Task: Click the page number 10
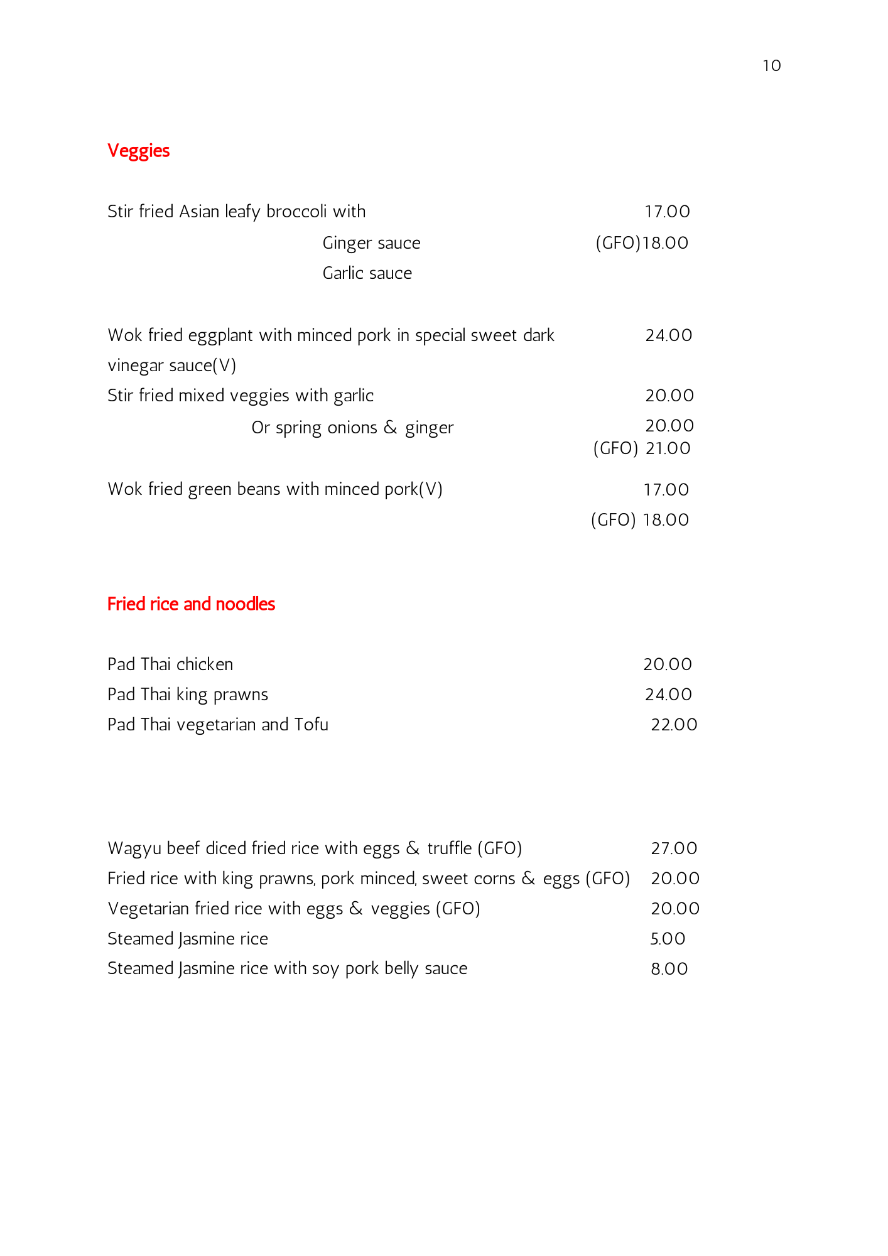771,66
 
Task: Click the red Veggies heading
138,151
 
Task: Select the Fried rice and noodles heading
191,604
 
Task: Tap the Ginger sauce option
371,243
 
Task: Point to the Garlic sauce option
367,273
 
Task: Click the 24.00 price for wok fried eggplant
668,335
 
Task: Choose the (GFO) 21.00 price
642,448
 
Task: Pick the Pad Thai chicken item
170,664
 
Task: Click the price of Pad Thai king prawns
668,695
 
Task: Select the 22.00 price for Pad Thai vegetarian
674,725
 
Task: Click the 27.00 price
674,848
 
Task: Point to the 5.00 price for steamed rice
668,939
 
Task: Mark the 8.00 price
669,969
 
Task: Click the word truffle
449,848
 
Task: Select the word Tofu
311,725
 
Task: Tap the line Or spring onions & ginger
352,428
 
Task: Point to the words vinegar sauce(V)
171,365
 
